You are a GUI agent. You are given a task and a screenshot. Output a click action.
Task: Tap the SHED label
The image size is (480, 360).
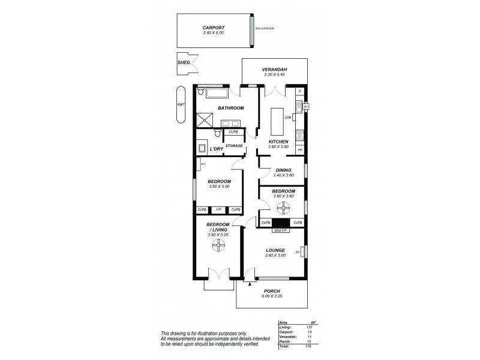click(182, 62)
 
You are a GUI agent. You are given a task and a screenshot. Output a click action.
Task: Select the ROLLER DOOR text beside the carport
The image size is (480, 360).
click(263, 29)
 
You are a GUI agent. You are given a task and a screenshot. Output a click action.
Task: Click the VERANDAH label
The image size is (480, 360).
click(275, 70)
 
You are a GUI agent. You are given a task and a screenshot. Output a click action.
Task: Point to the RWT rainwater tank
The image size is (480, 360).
click(181, 104)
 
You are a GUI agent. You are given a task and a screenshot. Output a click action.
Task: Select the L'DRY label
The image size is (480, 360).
click(217, 148)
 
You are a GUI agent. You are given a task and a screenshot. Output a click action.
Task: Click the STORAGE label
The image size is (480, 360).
click(235, 146)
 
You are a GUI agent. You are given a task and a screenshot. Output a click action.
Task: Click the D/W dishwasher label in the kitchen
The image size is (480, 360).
click(288, 118)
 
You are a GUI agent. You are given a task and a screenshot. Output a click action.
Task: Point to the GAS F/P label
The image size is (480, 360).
click(281, 230)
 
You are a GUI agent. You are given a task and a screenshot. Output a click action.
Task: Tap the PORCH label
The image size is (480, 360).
click(272, 292)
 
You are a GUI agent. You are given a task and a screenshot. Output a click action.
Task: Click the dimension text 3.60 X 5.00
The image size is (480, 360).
click(220, 186)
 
